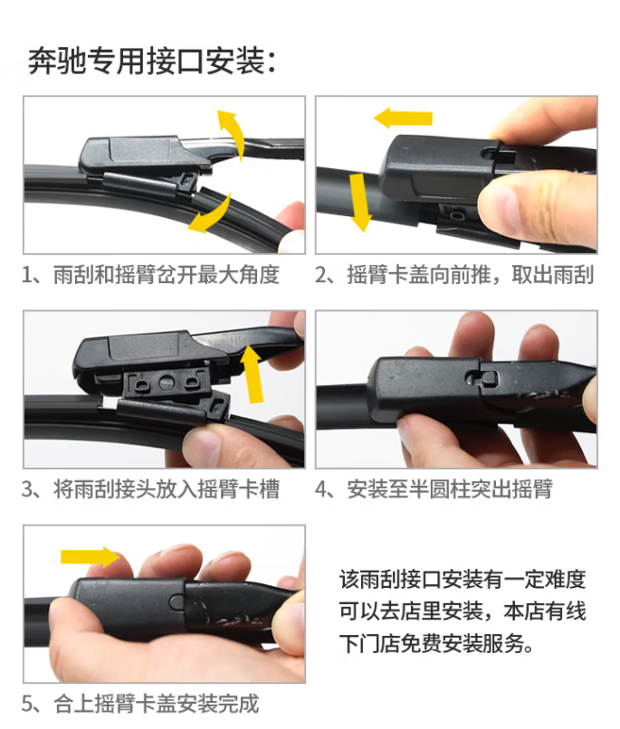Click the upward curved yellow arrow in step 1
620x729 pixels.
point(235,131)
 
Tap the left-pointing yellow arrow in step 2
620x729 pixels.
point(403,118)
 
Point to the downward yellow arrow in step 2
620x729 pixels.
point(359,202)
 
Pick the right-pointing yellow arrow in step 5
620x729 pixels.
point(91,556)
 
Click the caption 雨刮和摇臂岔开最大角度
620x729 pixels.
point(167,275)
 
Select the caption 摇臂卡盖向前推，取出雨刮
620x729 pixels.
point(471,275)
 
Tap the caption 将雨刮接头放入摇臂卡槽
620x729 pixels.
point(167,489)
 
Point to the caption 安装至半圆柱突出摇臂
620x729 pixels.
point(450,489)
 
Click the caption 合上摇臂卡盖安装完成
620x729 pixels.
point(157,704)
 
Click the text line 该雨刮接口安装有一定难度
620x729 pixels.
point(463,579)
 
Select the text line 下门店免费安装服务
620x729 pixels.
point(437,644)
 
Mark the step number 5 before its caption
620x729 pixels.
point(27,704)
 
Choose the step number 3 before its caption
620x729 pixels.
point(27,489)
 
